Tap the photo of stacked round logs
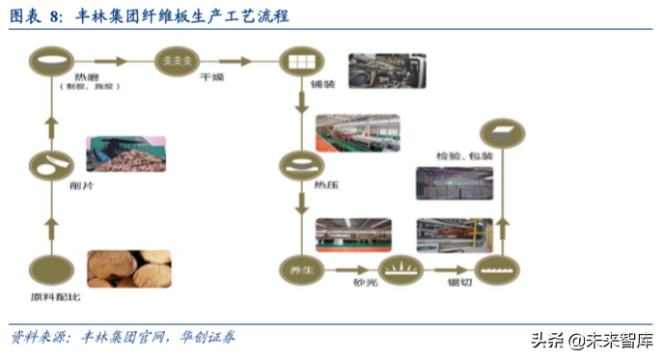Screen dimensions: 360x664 (x=129, y=269)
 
